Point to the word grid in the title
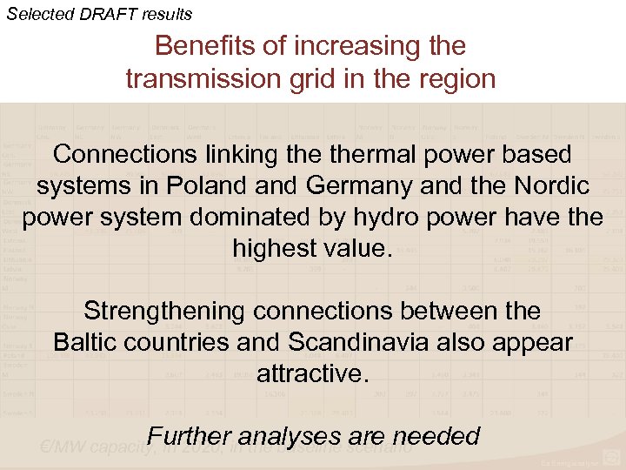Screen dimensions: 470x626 point(316,79)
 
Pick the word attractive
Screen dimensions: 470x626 point(312,374)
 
